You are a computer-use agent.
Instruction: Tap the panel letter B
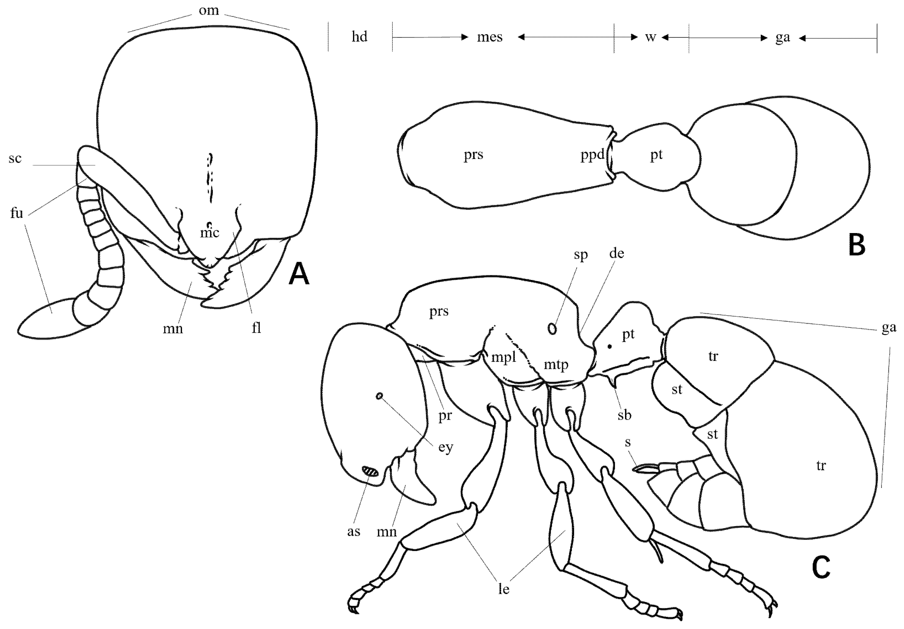[x=857, y=244]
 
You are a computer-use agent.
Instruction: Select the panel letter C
[x=821, y=567]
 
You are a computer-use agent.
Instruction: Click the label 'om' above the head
[x=209, y=10]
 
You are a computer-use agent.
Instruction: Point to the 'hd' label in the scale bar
[x=360, y=37]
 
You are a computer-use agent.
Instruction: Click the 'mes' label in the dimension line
[x=490, y=37]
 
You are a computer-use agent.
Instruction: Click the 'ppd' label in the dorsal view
[x=592, y=155]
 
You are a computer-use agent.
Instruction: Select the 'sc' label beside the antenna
[x=15, y=158]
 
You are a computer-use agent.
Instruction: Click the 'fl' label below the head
[x=256, y=327]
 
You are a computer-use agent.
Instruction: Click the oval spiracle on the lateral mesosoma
[x=553, y=329]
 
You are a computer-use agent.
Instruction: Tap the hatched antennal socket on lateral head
[x=370, y=471]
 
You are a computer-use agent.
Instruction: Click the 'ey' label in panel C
[x=446, y=448]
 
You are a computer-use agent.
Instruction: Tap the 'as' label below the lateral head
[x=354, y=532]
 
